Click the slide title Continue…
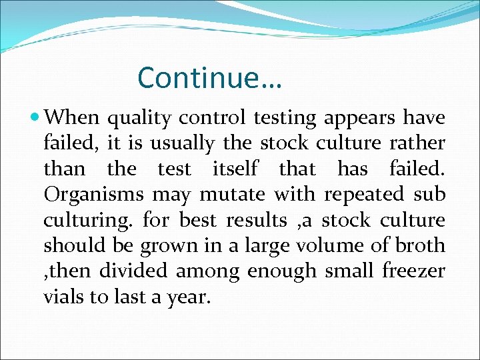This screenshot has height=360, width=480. [210, 78]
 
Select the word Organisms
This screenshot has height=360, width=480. [93, 195]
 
